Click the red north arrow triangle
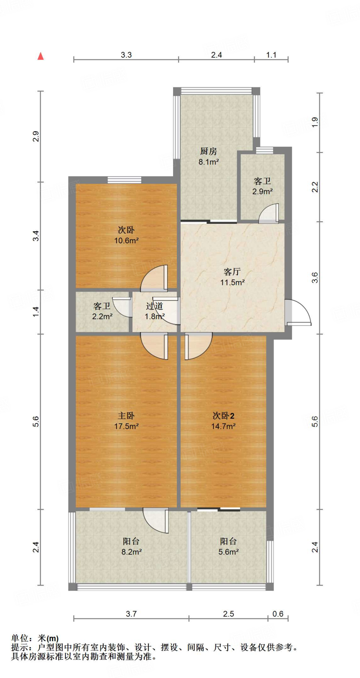click(x=41, y=56)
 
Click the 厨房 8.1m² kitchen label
click(x=208, y=157)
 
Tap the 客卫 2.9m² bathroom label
click(x=262, y=186)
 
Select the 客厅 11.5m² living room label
click(x=232, y=277)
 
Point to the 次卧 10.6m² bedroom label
click(x=126, y=235)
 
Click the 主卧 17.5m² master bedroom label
click(x=126, y=421)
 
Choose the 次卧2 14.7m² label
click(x=223, y=421)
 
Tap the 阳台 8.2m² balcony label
click(x=131, y=547)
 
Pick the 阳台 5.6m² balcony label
click(x=228, y=547)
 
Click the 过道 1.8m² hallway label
click(x=155, y=311)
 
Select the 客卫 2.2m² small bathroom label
click(x=102, y=311)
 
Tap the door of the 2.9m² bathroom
click(x=270, y=213)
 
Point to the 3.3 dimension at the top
click(x=126, y=55)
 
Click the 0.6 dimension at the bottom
click(x=278, y=614)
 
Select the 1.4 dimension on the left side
click(x=36, y=312)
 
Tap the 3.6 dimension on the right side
click(x=315, y=277)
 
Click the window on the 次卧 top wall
click(x=124, y=180)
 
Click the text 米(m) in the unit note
click(x=48, y=638)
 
